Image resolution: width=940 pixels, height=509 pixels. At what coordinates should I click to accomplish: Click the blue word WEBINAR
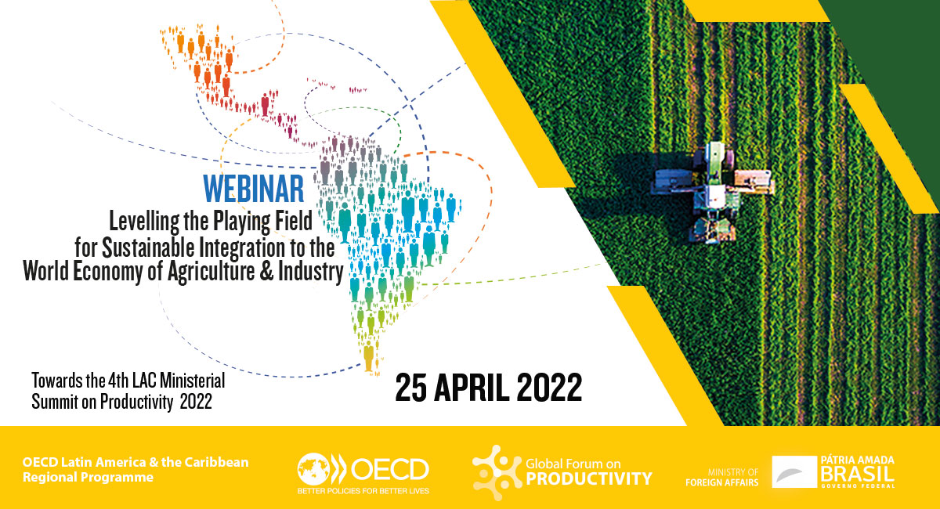[254, 189]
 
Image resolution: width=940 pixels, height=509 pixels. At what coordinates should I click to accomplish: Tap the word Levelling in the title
[145, 221]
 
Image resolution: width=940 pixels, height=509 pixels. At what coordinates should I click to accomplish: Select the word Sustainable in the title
[149, 247]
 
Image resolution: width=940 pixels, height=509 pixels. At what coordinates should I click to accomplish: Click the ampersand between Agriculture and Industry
[266, 271]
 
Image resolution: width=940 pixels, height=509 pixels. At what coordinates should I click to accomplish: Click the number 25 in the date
[411, 388]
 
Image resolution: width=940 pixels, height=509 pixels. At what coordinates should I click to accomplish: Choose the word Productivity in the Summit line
[136, 402]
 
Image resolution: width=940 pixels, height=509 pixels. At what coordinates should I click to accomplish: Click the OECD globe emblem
[313, 469]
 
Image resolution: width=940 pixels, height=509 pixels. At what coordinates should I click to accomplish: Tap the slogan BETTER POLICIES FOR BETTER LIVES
[363, 491]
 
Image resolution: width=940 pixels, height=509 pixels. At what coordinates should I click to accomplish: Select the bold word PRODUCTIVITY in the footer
[589, 478]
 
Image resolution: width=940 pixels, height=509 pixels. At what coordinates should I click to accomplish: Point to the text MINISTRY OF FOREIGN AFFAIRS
[721, 478]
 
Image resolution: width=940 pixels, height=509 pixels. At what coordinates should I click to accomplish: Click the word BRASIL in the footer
[857, 474]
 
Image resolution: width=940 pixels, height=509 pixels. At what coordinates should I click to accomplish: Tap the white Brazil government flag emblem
[794, 471]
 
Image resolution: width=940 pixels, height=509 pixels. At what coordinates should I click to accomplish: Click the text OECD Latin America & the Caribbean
[136, 462]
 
